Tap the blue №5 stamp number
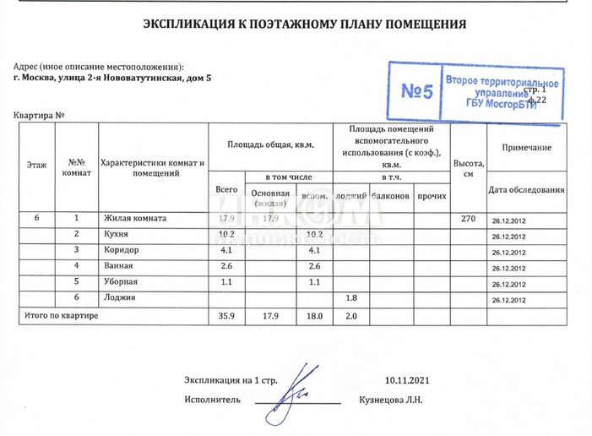click(416, 91)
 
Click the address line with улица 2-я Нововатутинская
click(114, 78)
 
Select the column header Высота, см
click(468, 167)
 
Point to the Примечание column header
click(526, 148)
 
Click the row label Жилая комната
click(135, 218)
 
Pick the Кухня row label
click(116, 234)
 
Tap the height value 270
click(468, 219)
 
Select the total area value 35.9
click(225, 315)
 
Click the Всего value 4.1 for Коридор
click(225, 250)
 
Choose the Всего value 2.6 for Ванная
click(225, 266)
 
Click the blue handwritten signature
click(291, 391)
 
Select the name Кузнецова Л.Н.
click(390, 400)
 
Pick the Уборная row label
click(120, 281)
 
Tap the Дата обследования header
click(526, 189)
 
